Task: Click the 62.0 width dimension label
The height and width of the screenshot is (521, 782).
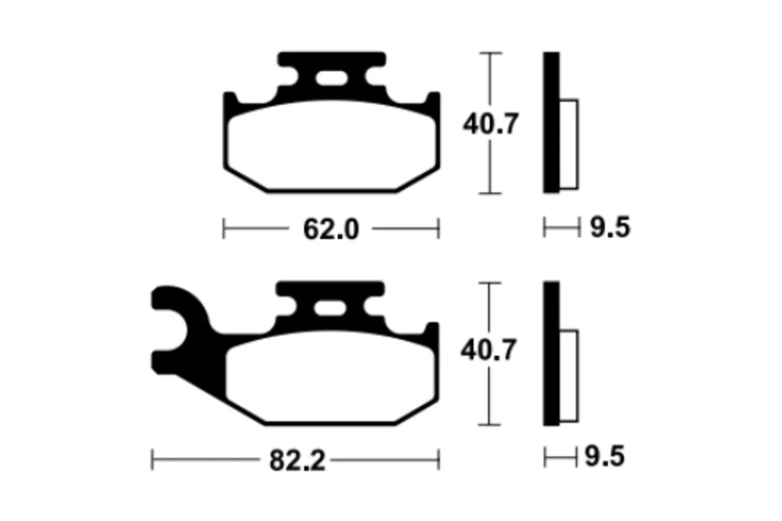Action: tap(331, 229)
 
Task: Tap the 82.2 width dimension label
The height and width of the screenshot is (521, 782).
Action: tap(297, 460)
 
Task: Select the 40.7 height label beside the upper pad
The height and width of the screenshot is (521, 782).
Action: tap(491, 124)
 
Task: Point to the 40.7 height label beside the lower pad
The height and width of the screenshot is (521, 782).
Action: tap(488, 350)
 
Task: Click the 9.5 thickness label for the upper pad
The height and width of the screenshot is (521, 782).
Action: tap(610, 227)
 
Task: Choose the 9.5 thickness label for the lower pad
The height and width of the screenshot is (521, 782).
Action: tap(605, 456)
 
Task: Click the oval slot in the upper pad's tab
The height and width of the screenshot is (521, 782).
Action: tap(332, 79)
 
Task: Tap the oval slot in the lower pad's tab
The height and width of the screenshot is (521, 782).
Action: tap(330, 309)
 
